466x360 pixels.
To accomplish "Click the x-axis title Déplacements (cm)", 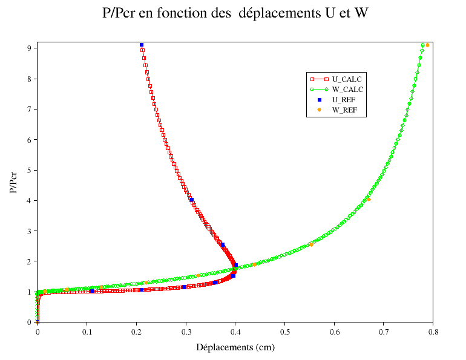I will pos(235,347).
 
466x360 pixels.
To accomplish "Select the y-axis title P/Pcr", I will pos(13,182).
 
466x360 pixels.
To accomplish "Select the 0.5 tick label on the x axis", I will pos(284,332).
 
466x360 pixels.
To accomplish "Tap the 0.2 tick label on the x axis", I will pos(136,332).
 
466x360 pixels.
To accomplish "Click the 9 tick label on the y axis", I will pos(29,48).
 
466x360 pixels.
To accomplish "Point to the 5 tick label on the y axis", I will pos(29,170).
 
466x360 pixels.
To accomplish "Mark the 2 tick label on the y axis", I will pos(29,261).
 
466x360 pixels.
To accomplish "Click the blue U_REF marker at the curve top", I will pos(142,45).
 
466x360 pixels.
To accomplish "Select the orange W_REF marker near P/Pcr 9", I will pos(427,45).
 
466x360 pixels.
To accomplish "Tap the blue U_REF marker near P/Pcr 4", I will pos(191,200).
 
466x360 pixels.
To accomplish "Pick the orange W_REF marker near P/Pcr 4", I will pos(368,198).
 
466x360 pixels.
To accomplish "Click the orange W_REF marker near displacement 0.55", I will pos(311,244).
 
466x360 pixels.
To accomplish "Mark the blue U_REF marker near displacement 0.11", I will pos(91,291).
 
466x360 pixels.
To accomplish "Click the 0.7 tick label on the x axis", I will pos(383,332).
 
